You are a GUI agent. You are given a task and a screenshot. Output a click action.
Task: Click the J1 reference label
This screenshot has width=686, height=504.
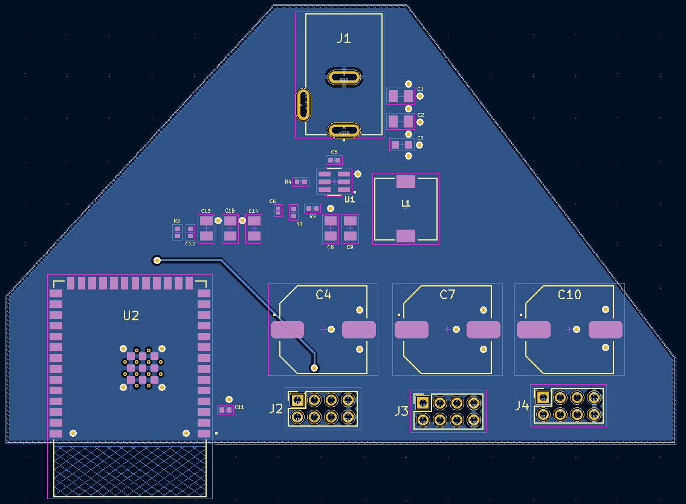[343, 39]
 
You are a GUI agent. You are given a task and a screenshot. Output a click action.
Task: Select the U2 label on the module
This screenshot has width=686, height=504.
[131, 315]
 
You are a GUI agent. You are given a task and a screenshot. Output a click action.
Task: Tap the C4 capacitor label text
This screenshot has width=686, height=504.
[323, 295]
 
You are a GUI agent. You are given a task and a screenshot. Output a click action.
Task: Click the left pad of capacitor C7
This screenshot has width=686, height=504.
[411, 329]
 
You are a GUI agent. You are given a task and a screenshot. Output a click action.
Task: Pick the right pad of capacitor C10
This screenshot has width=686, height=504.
[605, 329]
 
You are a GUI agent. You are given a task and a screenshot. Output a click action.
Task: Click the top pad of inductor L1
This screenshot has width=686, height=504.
[406, 181]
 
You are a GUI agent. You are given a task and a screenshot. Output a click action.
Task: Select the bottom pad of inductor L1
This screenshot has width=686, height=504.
[406, 236]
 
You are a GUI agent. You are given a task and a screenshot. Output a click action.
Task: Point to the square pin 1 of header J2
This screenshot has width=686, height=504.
[297, 399]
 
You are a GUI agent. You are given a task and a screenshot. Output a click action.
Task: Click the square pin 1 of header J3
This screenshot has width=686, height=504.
[422, 402]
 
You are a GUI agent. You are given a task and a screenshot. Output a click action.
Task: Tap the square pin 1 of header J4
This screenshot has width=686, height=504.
[543, 397]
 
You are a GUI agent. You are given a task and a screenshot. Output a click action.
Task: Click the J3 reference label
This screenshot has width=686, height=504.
[401, 412]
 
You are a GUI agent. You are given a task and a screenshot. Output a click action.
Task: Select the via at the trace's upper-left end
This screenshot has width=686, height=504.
[157, 260]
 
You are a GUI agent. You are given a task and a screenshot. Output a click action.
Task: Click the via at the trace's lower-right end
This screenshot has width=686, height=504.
[314, 367]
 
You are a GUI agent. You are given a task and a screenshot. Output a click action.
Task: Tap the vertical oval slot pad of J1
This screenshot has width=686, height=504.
[303, 104]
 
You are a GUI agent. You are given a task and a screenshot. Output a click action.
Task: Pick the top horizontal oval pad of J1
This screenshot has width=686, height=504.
[344, 77]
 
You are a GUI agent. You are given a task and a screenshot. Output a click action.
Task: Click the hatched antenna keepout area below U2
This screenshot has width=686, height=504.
[130, 471]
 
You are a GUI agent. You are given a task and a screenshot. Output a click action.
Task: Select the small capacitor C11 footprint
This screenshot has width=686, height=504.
[225, 410]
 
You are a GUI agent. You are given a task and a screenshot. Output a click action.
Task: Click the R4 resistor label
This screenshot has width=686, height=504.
[288, 182]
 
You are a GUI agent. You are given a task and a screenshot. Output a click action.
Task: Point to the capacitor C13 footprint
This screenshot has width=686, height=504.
[206, 229]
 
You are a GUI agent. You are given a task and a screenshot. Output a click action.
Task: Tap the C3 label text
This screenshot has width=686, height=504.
[421, 138]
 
